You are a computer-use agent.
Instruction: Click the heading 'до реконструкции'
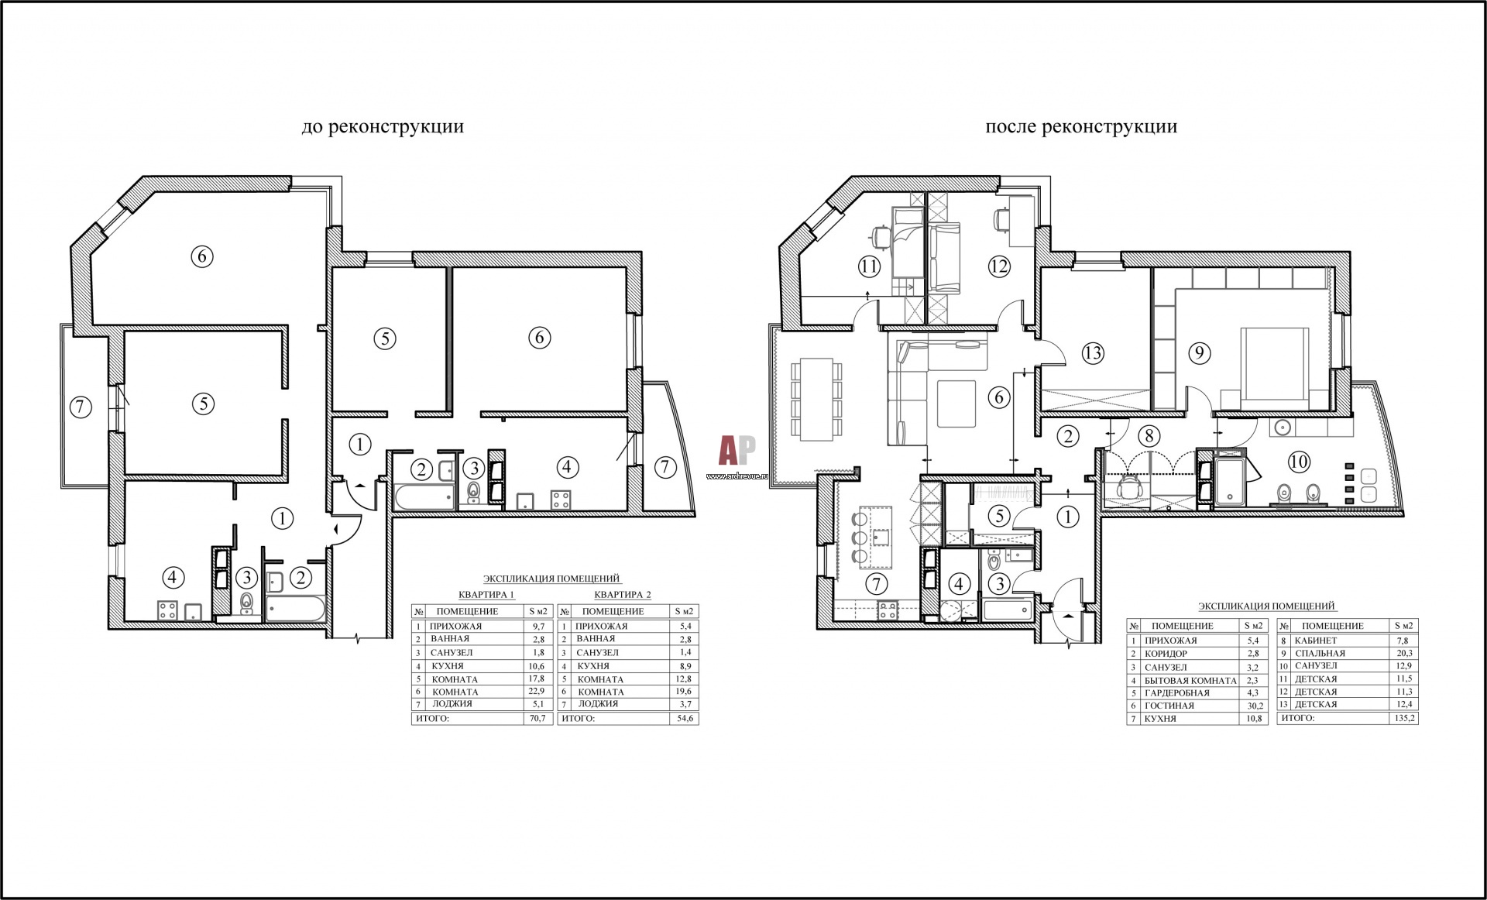click(383, 127)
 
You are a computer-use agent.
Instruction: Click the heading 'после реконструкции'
click(1081, 127)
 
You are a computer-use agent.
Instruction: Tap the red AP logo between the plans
click(737, 450)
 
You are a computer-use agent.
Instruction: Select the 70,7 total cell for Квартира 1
click(537, 719)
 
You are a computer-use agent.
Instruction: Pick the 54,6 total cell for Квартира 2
click(685, 719)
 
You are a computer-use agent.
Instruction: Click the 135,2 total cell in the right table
click(1403, 718)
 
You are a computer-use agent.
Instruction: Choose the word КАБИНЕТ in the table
click(1316, 641)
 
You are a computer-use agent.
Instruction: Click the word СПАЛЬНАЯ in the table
click(1320, 653)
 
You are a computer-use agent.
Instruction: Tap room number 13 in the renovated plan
click(1093, 353)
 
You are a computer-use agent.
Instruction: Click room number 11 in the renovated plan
click(869, 266)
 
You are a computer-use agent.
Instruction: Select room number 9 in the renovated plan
click(1199, 353)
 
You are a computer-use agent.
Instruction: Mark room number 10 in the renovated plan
click(1299, 462)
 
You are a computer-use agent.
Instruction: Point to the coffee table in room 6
click(957, 404)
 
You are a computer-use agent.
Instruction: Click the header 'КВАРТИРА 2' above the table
click(623, 595)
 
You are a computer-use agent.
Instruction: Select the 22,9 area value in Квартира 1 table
click(537, 692)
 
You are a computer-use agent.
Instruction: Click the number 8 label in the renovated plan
click(1149, 436)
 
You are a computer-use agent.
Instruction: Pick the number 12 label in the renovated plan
click(999, 266)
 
